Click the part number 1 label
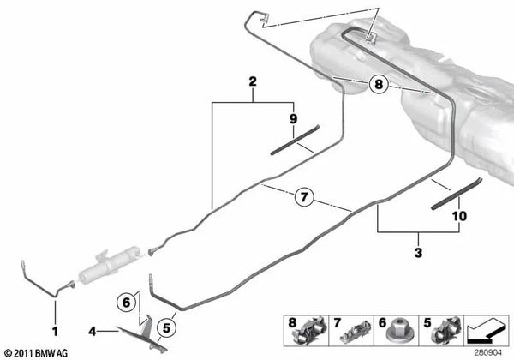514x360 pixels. click(56, 329)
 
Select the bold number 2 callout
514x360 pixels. click(253, 82)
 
